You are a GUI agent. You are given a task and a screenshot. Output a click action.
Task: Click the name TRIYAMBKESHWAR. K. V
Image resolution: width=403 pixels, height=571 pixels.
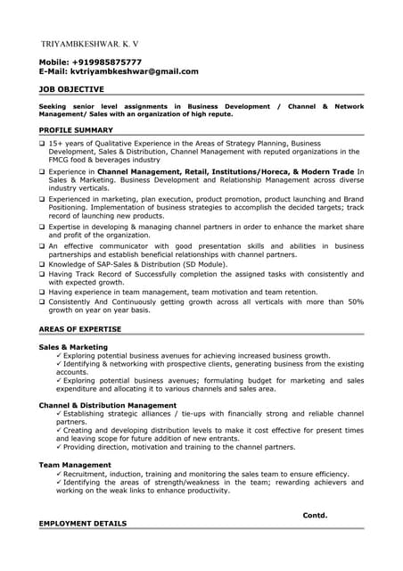click(x=90, y=44)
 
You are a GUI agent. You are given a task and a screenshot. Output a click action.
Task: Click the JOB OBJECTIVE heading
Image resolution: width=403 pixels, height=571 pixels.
click(x=71, y=89)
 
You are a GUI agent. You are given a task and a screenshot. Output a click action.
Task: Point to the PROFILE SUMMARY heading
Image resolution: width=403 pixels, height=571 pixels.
click(x=76, y=129)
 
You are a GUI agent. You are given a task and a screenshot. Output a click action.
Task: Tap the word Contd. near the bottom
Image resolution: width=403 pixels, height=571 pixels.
click(x=315, y=515)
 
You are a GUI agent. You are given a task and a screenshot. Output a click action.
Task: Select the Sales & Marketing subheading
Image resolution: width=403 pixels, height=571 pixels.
click(x=73, y=346)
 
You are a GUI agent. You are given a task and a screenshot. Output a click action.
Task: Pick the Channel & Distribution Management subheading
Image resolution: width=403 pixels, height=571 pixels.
click(x=108, y=405)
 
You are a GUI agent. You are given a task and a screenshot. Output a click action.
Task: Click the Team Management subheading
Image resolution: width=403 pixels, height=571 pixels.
click(x=75, y=464)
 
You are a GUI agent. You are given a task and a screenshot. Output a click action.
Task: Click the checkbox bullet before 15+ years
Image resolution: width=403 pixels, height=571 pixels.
click(x=42, y=144)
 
